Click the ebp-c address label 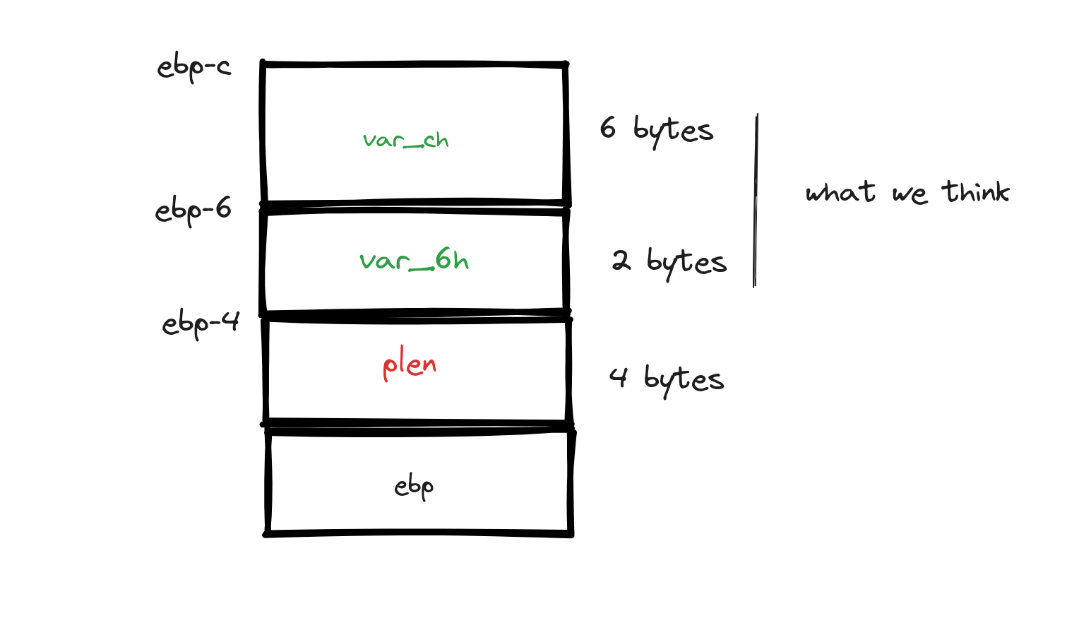(x=193, y=68)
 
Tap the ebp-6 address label (x=193, y=210)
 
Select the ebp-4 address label (x=201, y=324)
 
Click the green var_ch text (x=406, y=140)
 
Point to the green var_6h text (x=414, y=261)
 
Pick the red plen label (x=410, y=366)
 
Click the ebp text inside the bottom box (x=414, y=487)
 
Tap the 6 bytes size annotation (x=657, y=130)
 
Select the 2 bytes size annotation (x=669, y=262)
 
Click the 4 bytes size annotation (x=667, y=379)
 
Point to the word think (x=976, y=192)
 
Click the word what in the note (x=840, y=192)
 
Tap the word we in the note (x=910, y=194)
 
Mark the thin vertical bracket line (x=756, y=201)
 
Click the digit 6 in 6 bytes (x=607, y=128)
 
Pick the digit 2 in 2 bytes (x=621, y=261)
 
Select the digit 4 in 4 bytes (x=618, y=377)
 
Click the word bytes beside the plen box (x=684, y=380)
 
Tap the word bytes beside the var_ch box (x=673, y=131)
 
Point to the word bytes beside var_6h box (x=686, y=263)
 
